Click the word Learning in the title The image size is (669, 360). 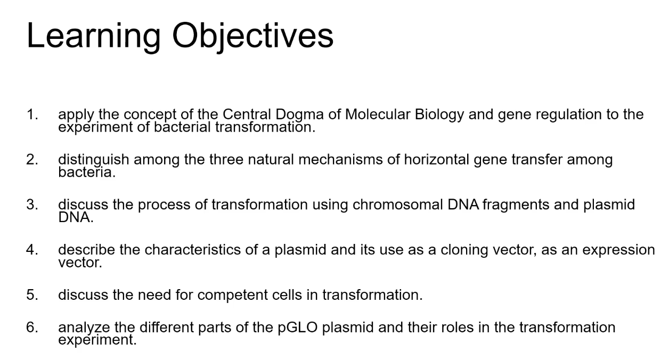click(94, 37)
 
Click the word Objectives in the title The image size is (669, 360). click(252, 37)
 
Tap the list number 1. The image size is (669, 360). click(32, 114)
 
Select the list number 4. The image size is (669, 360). click(32, 250)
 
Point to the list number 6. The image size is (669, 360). click(32, 327)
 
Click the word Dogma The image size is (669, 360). click(299, 114)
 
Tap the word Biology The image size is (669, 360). click(439, 115)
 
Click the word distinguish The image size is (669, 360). click(94, 160)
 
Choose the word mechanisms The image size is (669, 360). click(340, 159)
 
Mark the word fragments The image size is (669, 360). click(516, 205)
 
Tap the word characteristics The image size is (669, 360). click(193, 250)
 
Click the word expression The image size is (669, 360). click(618, 250)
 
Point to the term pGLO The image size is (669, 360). click(297, 328)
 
